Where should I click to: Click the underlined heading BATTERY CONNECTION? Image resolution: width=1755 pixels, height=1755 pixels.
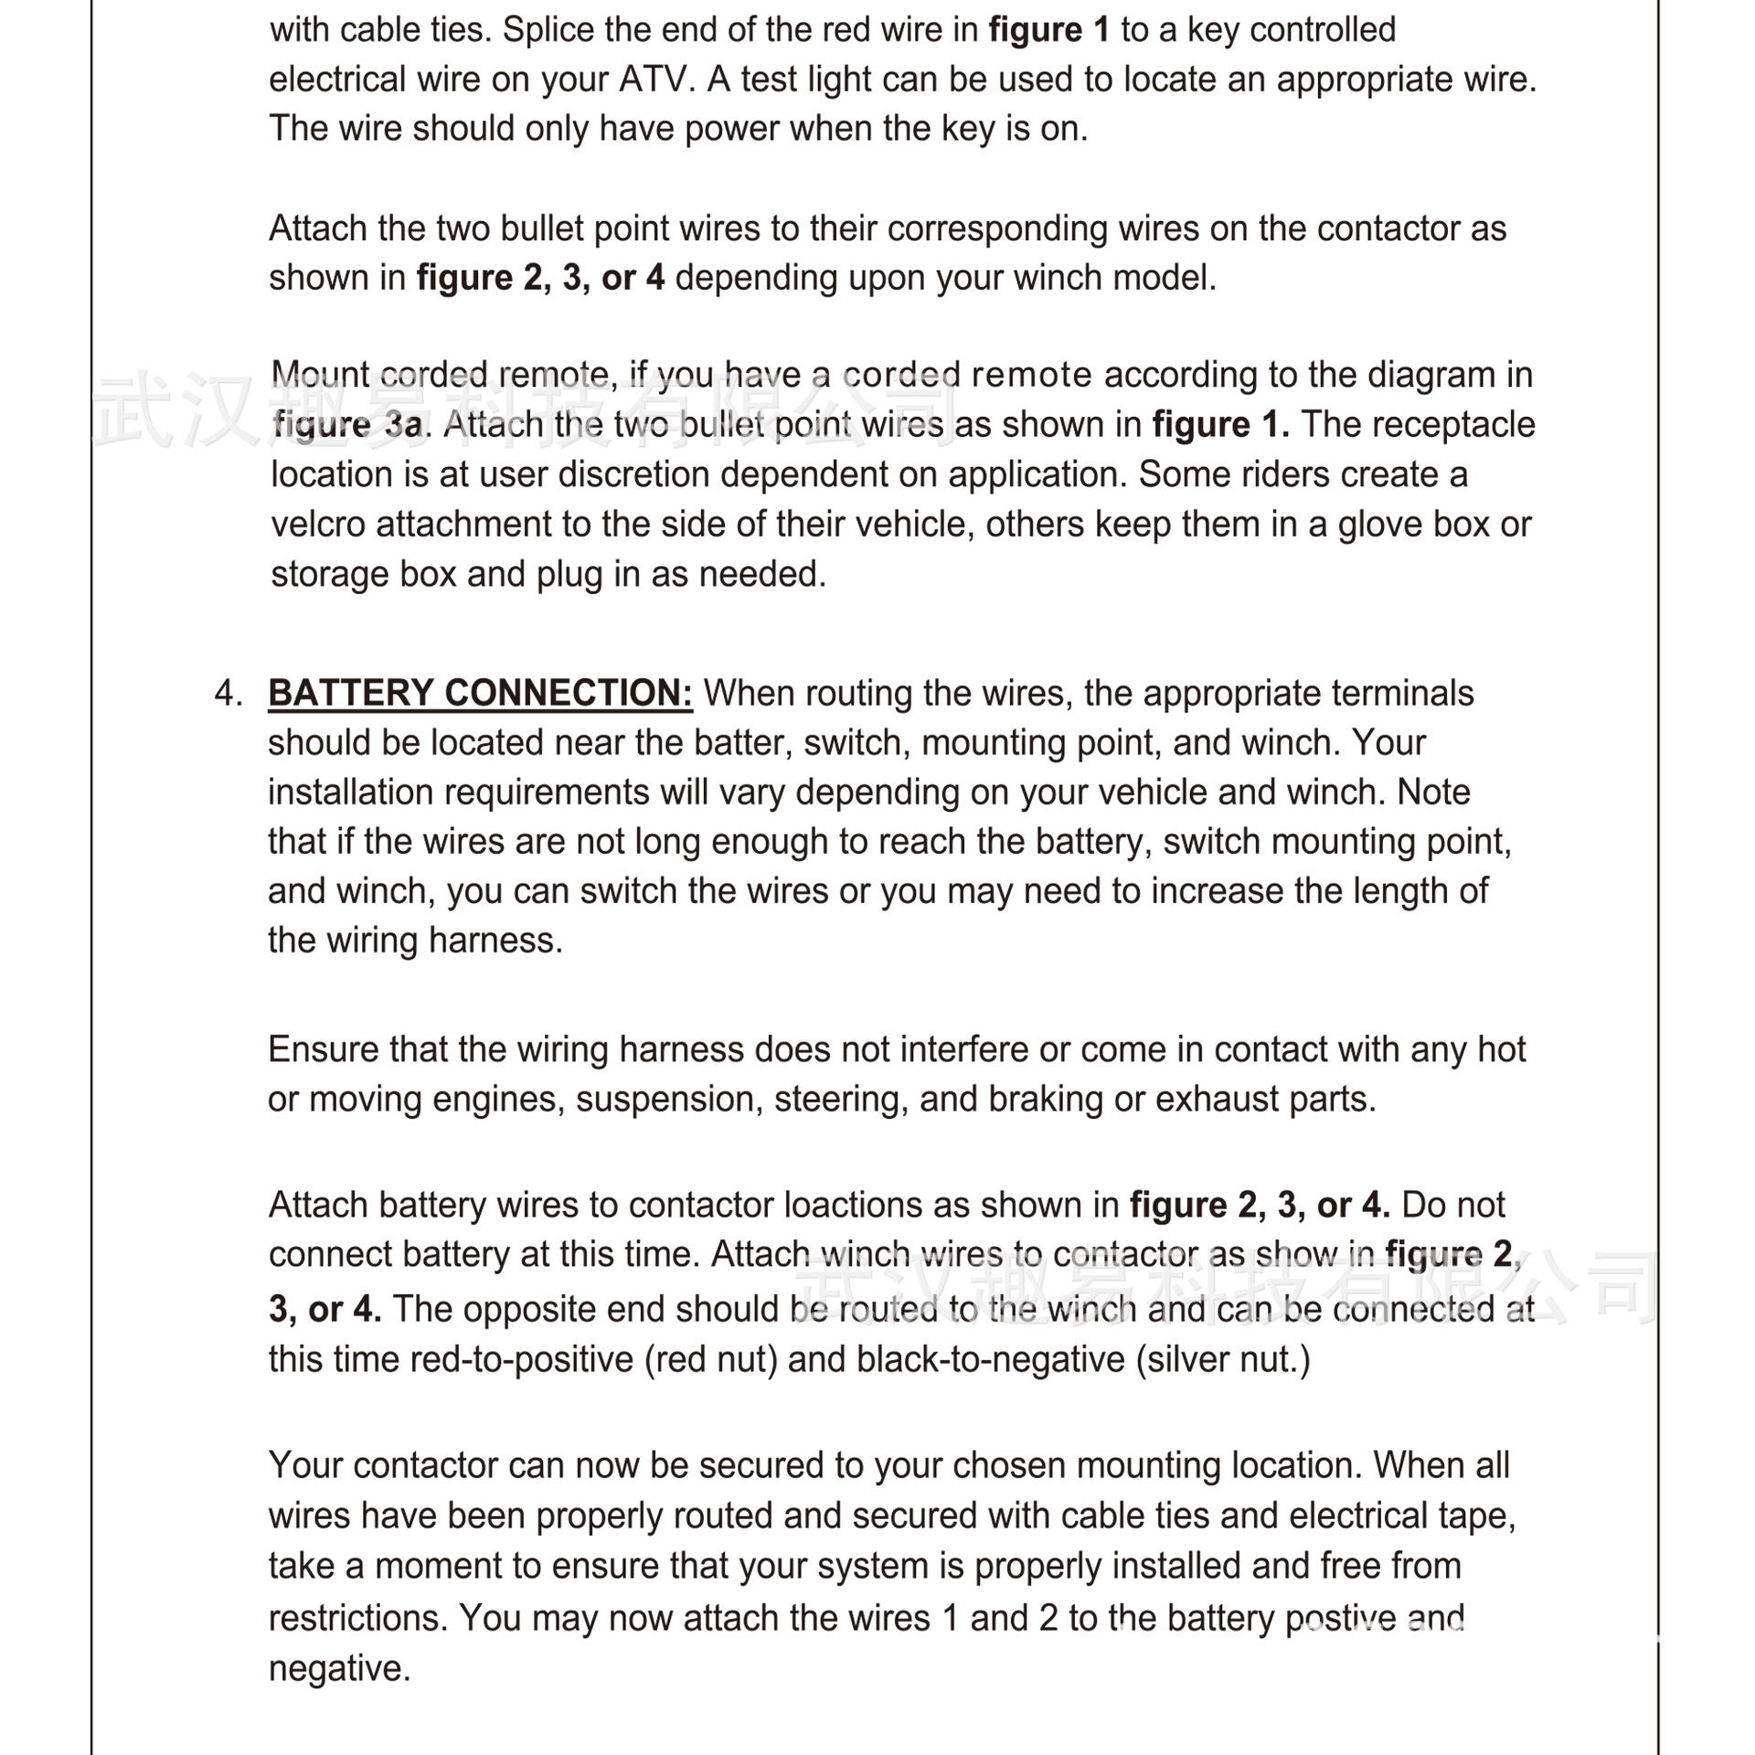pyautogui.click(x=480, y=693)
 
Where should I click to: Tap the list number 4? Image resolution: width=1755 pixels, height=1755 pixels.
pyautogui.click(x=228, y=693)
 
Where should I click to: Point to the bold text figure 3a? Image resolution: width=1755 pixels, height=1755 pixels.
pyautogui.click(x=348, y=425)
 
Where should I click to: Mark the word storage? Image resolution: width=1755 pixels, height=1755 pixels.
pyautogui.click(x=330, y=575)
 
